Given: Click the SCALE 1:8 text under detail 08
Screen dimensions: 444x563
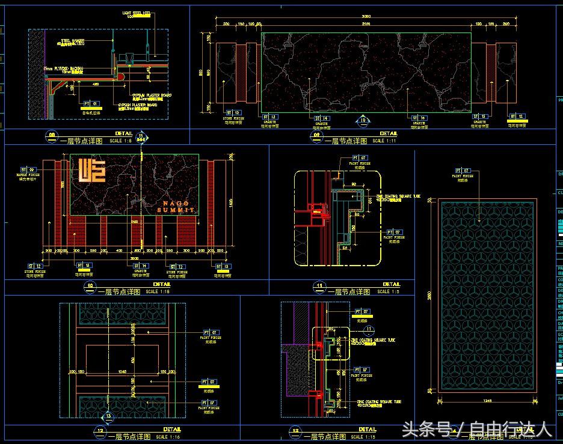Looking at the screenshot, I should [120, 141].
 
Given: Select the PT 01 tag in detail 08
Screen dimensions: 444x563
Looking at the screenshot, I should [90, 103].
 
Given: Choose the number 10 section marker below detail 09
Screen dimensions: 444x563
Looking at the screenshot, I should [363, 120].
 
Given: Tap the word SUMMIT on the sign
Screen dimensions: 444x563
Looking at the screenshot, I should [176, 210].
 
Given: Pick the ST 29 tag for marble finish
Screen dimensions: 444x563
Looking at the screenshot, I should [28, 169].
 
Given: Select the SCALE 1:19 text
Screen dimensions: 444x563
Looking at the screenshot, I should [157, 291].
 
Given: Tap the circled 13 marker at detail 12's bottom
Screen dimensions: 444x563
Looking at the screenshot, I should [108, 416].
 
